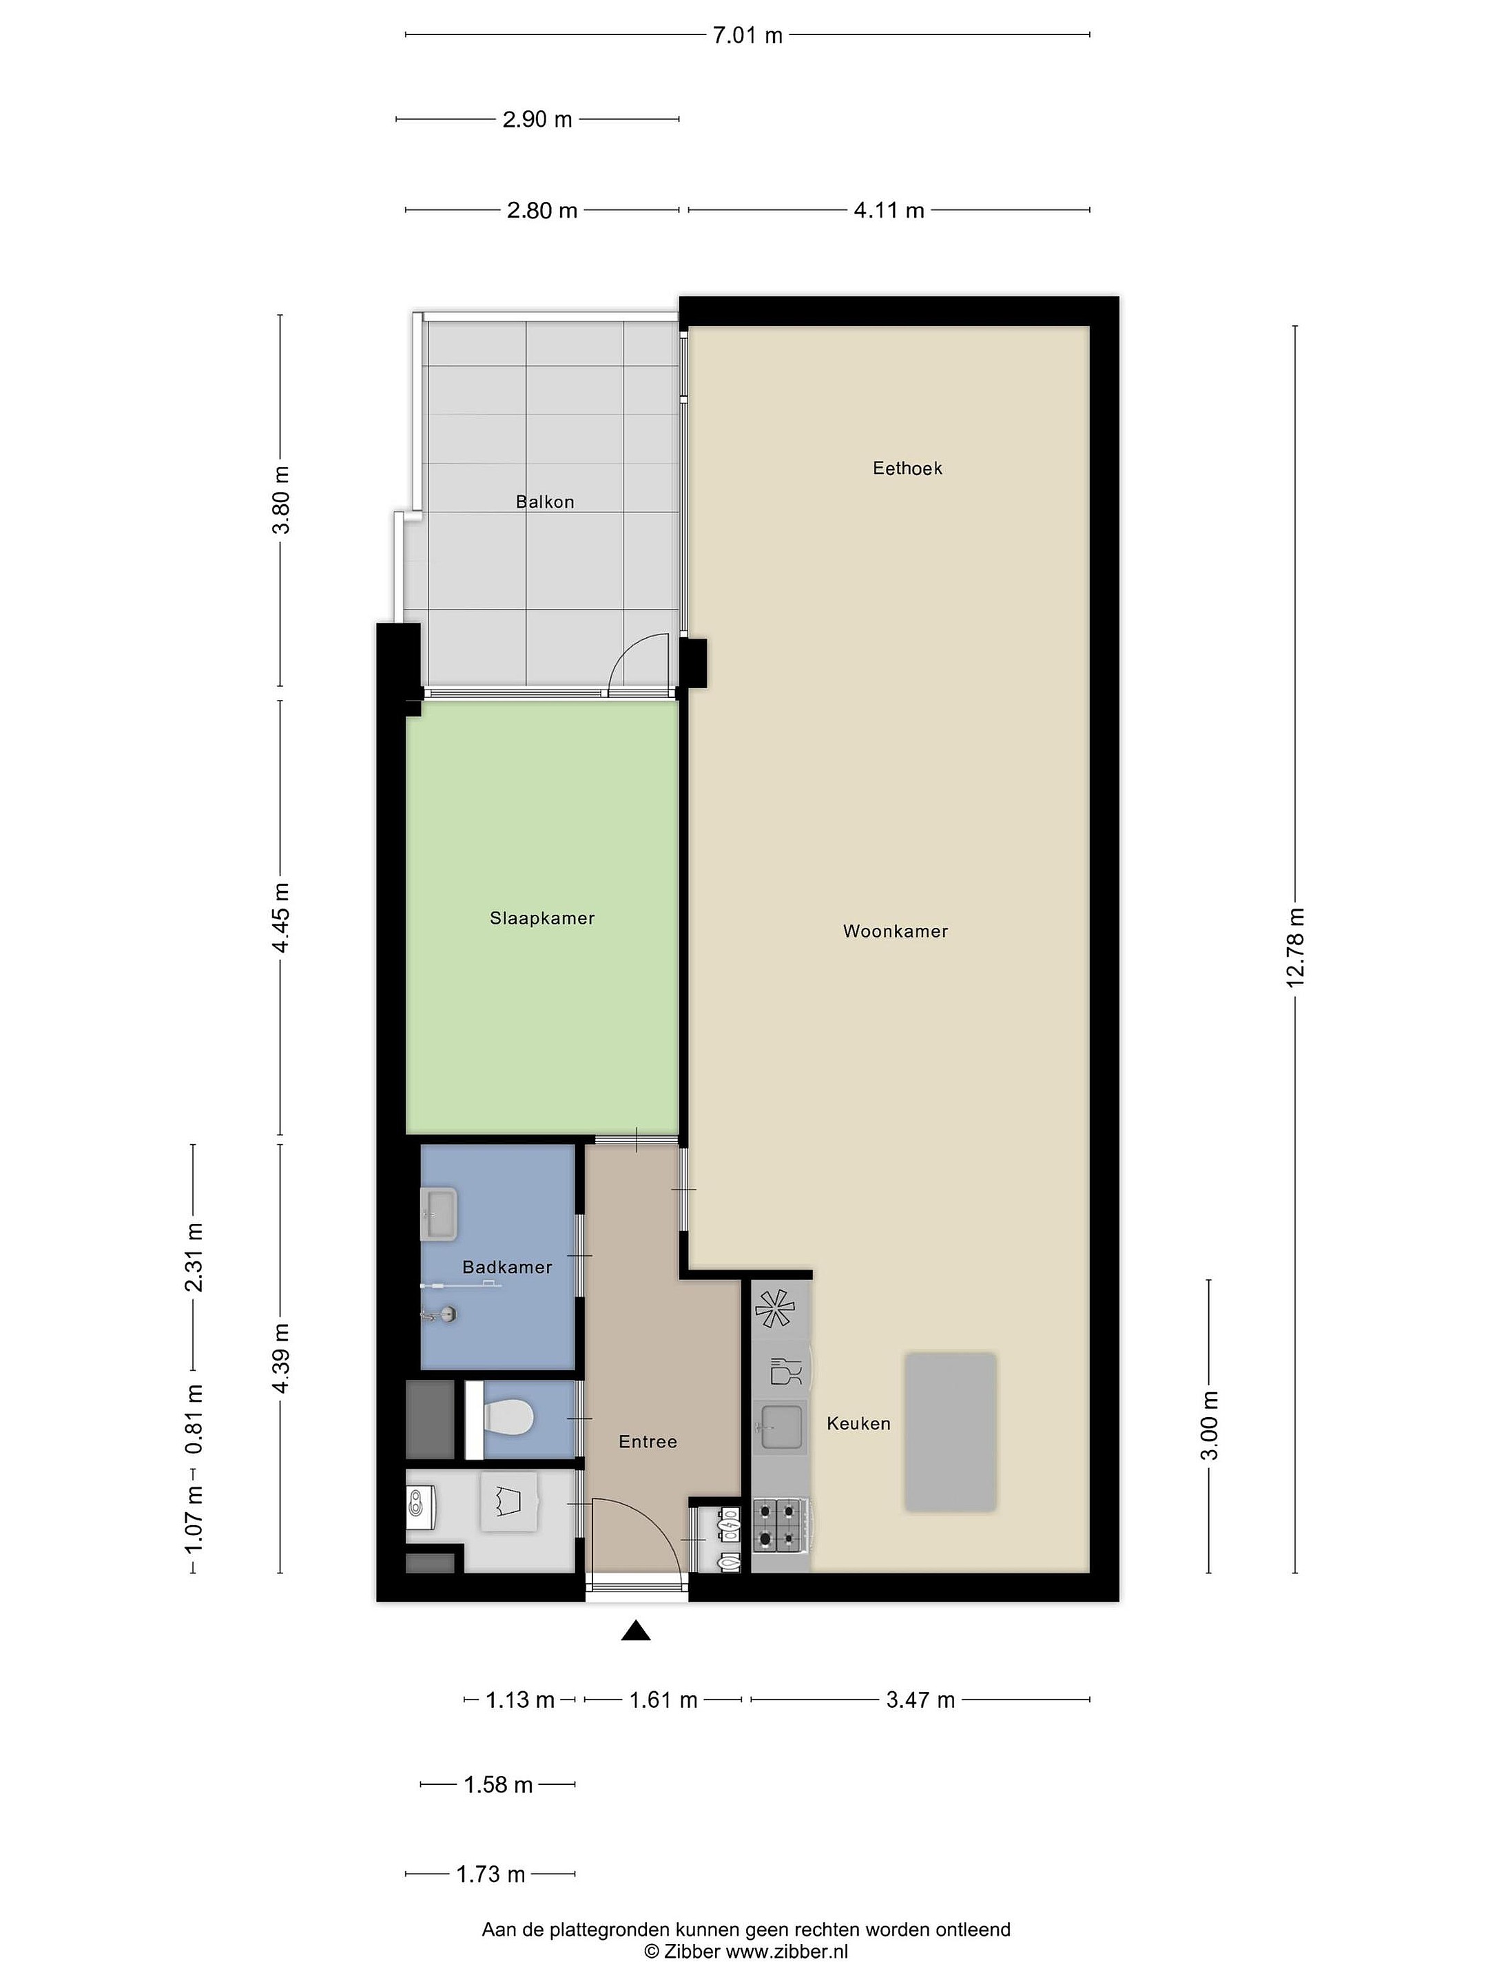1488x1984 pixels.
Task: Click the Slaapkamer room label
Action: [541, 918]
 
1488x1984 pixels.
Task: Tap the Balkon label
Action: [544, 502]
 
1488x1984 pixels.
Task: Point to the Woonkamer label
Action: [895, 931]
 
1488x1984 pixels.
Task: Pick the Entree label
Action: [648, 1441]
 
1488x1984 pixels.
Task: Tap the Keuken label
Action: [858, 1423]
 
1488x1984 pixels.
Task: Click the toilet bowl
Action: [508, 1417]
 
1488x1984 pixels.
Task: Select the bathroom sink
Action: [440, 1214]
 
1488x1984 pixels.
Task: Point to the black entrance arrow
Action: [636, 1631]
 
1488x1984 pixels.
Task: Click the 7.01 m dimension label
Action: [747, 36]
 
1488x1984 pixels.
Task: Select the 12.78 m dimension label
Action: [1295, 947]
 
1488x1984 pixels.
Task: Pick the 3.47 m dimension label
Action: [920, 1699]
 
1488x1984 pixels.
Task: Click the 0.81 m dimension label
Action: [194, 1419]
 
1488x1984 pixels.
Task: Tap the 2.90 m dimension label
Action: [537, 119]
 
